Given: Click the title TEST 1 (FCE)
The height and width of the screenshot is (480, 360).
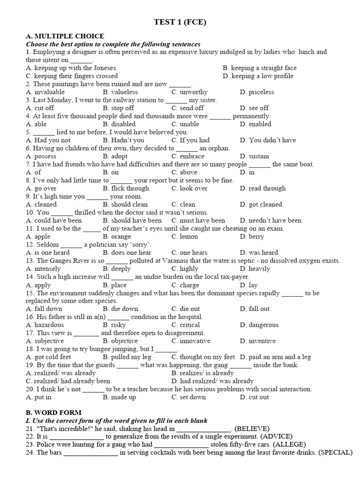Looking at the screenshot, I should tap(180, 22).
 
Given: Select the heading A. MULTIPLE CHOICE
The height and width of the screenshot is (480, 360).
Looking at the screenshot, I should tap(65, 36).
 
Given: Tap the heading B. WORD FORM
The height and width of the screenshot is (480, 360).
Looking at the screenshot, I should tap(54, 412).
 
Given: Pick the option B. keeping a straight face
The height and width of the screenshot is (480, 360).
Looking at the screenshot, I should tap(260, 68).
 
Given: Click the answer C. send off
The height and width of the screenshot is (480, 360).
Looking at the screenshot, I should tap(187, 108).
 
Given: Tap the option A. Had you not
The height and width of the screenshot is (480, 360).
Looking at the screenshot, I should tap(48, 140).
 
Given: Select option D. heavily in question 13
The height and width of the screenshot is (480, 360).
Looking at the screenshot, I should tap(255, 269).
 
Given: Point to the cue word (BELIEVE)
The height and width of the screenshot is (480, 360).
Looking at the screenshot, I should tap(252, 428).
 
